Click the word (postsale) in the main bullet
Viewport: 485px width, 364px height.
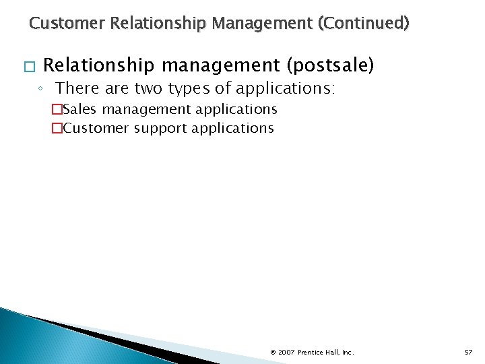coord(331,65)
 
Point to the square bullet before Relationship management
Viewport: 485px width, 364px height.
coord(26,67)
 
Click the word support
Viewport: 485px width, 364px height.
coord(161,127)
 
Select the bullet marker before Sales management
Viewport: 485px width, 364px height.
coord(57,110)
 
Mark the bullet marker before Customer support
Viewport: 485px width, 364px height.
coord(57,128)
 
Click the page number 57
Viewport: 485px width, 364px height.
coord(468,352)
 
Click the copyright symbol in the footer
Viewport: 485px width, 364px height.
coord(273,352)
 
